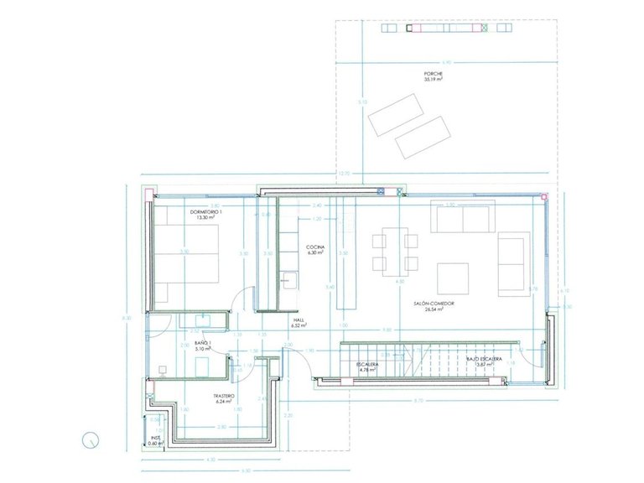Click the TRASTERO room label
click(x=223, y=397)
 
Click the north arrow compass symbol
click(x=91, y=437)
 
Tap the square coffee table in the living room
click(x=452, y=277)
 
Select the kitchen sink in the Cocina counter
click(x=288, y=279)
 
